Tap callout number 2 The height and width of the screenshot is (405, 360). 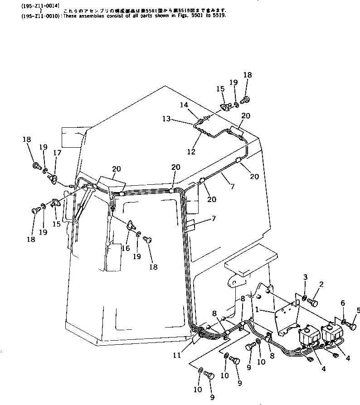(x=321, y=284)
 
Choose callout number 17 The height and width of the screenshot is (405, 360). (x=57, y=153)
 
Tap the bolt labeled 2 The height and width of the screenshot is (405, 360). (x=316, y=299)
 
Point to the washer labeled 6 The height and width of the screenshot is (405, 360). (x=344, y=323)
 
